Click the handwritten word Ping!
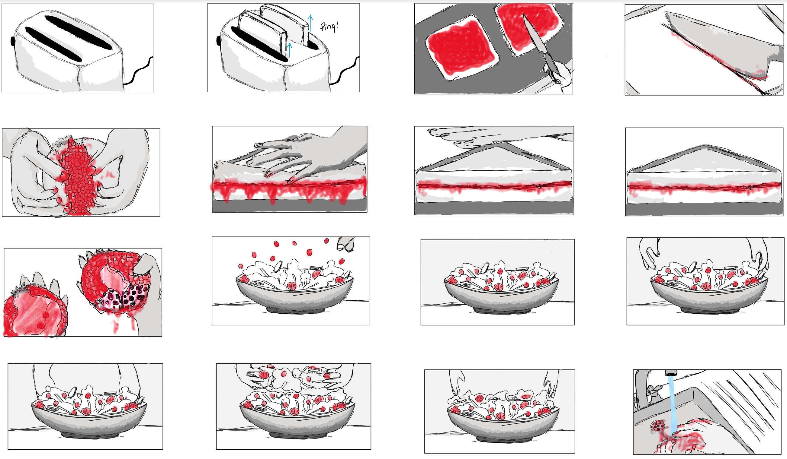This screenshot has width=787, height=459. coord(329,27)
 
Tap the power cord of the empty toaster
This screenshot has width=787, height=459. coord(138,72)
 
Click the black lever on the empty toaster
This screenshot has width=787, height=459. coord(12,41)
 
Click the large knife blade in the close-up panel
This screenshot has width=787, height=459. coord(718,47)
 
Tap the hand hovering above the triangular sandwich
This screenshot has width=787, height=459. coord(500,136)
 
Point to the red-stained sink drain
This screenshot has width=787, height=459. coord(658,426)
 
